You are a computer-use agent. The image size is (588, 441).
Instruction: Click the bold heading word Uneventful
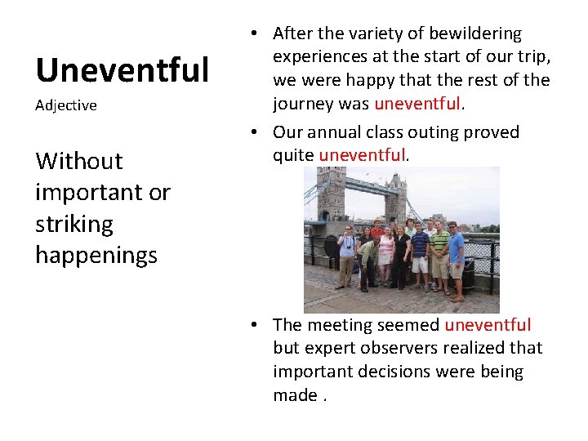click(122, 71)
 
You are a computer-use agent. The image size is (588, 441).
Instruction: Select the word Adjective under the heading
click(66, 105)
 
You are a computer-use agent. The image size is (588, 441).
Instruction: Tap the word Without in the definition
click(79, 161)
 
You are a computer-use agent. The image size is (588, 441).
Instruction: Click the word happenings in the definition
click(96, 255)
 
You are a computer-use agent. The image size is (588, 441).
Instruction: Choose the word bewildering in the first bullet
click(475, 33)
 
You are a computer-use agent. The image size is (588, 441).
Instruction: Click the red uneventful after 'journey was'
click(418, 104)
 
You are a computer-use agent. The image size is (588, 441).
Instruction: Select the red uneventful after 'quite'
click(362, 155)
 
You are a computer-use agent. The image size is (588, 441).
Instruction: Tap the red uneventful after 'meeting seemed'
click(488, 325)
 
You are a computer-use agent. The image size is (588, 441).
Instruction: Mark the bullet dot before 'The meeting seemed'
click(256, 325)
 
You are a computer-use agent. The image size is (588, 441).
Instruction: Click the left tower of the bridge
click(330, 196)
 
